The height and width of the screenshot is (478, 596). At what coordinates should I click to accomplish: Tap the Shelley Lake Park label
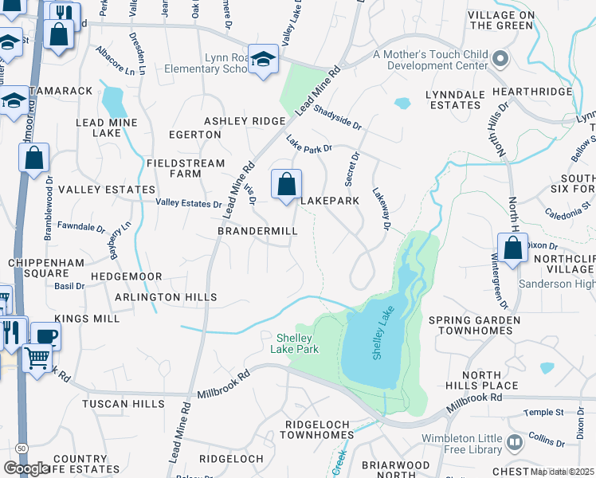point(296,343)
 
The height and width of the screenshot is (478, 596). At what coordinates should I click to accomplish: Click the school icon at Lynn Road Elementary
point(263,59)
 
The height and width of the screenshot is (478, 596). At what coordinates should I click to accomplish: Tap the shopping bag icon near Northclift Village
point(514,247)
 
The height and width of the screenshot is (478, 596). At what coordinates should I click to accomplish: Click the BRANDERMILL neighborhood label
point(257,231)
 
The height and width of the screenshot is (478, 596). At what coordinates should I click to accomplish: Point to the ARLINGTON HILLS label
point(166,297)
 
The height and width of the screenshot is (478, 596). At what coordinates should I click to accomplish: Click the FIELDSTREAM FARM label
point(185,168)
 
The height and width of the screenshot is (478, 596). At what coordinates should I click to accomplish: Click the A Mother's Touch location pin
point(500,59)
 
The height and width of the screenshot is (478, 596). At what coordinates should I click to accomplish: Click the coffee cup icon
point(45,336)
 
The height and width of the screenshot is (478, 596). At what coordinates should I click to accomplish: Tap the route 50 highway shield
point(20,449)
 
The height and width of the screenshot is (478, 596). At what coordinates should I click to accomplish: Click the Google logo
point(27,468)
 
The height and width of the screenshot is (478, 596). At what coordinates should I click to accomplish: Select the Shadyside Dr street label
point(337,120)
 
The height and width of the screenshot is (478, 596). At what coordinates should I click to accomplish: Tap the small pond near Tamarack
point(113,101)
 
